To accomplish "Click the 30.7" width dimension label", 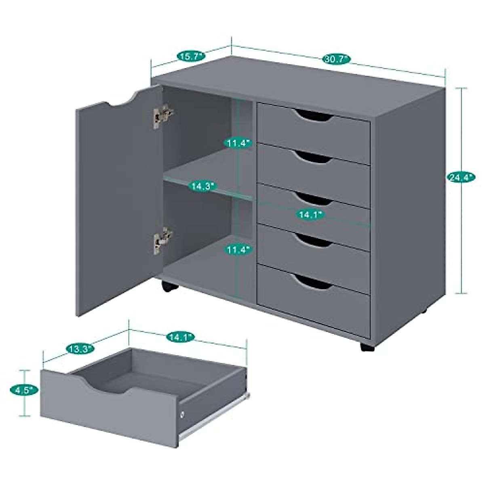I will [336, 59].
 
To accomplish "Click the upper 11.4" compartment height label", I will [239, 143].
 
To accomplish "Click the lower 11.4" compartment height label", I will [239, 250].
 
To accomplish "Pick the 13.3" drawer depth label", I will [80, 348].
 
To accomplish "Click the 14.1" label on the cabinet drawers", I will [311, 215].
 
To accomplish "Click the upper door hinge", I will [162, 115].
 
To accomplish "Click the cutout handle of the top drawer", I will [314, 116].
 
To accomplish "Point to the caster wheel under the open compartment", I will [169, 286].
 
